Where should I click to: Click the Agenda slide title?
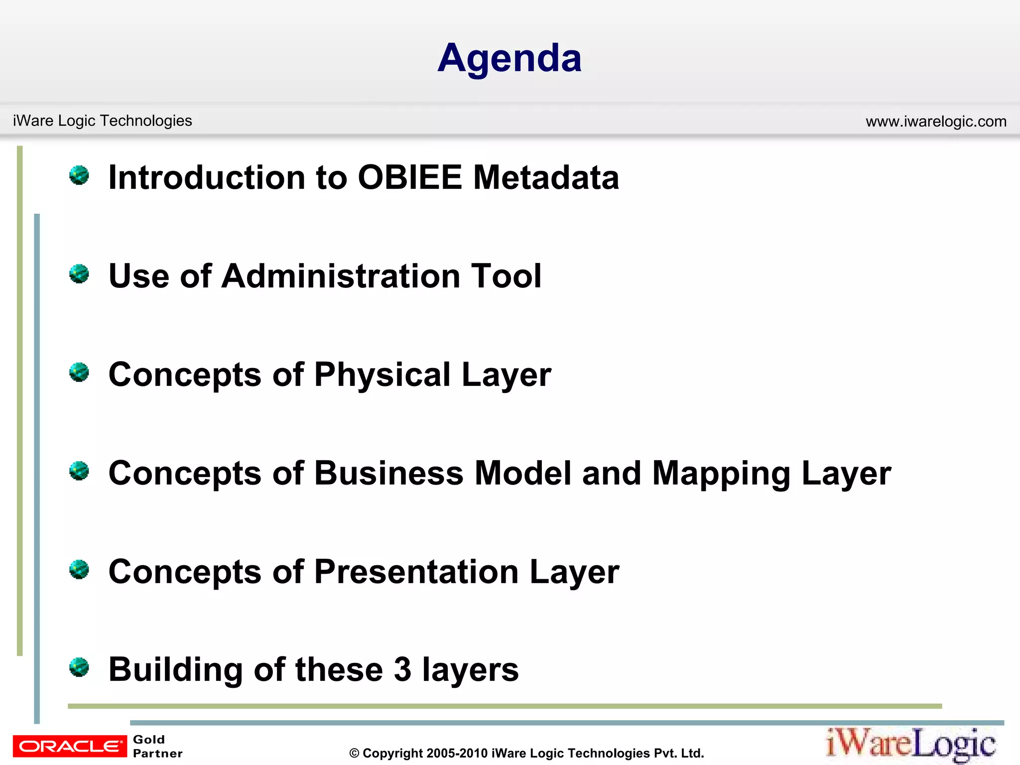(x=510, y=59)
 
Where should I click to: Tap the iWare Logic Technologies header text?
(x=102, y=121)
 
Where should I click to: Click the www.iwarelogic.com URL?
(x=936, y=122)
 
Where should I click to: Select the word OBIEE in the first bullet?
(x=410, y=178)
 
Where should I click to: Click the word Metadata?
(x=546, y=178)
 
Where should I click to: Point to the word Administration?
(x=341, y=276)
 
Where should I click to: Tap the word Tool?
(x=507, y=276)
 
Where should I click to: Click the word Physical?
(x=382, y=375)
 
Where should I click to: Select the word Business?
(x=389, y=473)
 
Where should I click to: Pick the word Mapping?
(x=721, y=474)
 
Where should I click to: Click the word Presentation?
(x=416, y=572)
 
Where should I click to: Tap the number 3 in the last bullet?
(x=402, y=670)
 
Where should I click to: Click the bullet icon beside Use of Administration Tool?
(x=79, y=274)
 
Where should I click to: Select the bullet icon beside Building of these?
(x=79, y=667)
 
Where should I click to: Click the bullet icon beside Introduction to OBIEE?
(x=79, y=175)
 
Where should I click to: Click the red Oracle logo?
(x=70, y=746)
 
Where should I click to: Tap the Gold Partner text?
(x=157, y=746)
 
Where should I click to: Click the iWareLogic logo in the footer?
(x=911, y=745)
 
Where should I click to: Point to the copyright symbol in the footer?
(x=354, y=754)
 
